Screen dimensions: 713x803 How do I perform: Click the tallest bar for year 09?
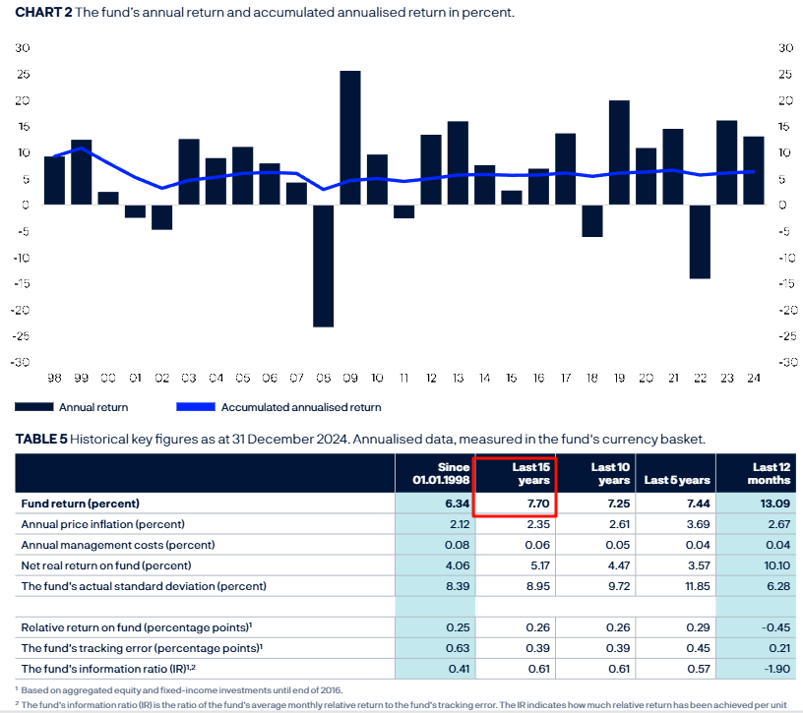(x=350, y=138)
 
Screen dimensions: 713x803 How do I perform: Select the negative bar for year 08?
(x=324, y=266)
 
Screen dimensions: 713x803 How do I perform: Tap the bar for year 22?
(x=700, y=242)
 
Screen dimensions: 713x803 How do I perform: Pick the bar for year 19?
(x=619, y=152)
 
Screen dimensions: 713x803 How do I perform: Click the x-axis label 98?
(x=54, y=377)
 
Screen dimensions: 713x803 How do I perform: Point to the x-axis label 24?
(x=753, y=377)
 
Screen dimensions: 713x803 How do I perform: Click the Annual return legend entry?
(x=93, y=407)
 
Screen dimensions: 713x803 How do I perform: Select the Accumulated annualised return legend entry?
(x=300, y=407)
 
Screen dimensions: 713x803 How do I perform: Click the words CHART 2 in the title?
(x=42, y=13)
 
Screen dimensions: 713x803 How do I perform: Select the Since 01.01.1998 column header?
(x=436, y=474)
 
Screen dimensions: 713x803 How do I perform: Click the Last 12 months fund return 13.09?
(x=772, y=504)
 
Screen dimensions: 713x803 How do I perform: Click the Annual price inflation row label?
(x=103, y=524)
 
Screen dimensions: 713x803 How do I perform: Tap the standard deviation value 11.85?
(x=693, y=586)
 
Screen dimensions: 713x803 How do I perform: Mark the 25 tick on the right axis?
(x=785, y=75)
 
